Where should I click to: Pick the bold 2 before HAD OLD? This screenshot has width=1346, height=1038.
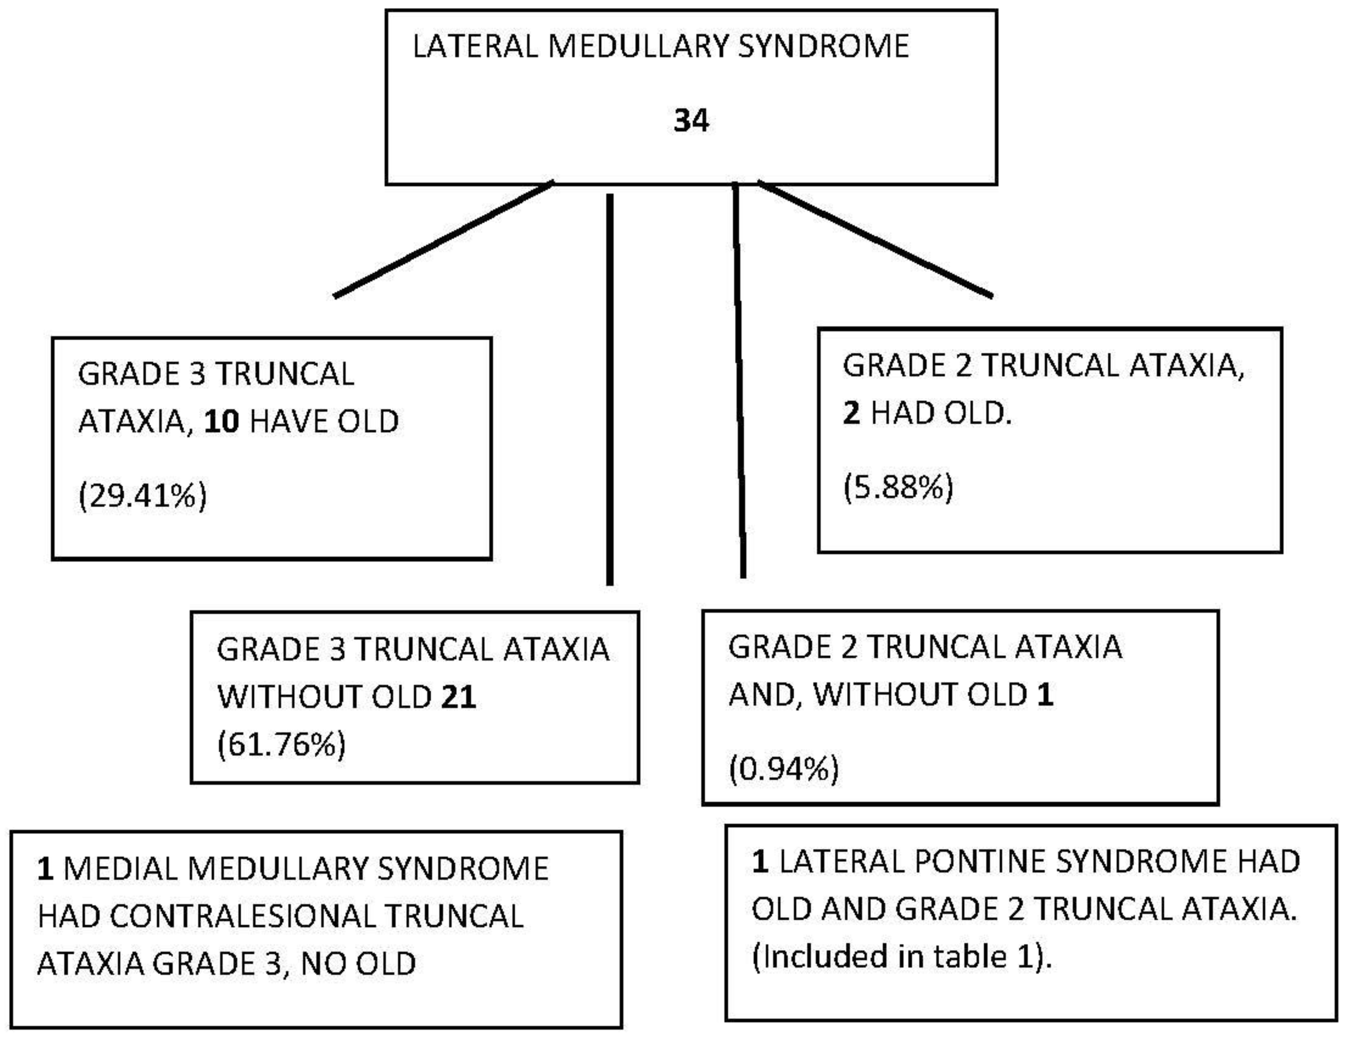[x=851, y=413]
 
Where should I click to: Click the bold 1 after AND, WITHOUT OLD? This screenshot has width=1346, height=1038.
[x=1045, y=695]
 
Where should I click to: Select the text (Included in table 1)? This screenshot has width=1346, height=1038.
[x=902, y=957]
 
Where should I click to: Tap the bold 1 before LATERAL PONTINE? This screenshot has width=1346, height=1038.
[x=760, y=862]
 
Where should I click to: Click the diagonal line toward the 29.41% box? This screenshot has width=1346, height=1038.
[x=444, y=239]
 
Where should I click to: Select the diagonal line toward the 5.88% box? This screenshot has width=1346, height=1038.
[x=875, y=239]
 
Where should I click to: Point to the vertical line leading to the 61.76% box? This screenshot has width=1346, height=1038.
[x=610, y=388]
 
